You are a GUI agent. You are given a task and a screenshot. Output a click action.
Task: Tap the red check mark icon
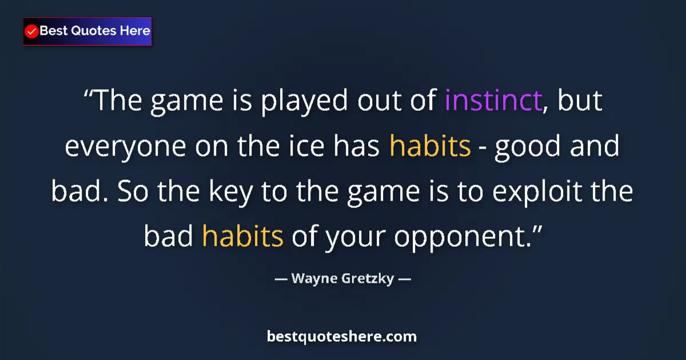[32, 31]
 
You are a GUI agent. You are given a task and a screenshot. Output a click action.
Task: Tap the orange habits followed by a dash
[430, 147]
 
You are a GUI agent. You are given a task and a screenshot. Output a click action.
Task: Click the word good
[527, 147]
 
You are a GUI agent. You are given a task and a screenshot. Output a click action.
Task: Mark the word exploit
[539, 192]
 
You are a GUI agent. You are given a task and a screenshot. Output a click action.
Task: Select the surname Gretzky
[367, 279]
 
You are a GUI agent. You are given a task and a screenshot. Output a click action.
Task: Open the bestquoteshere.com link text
[342, 337]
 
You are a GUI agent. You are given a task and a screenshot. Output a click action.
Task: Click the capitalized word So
[132, 192]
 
